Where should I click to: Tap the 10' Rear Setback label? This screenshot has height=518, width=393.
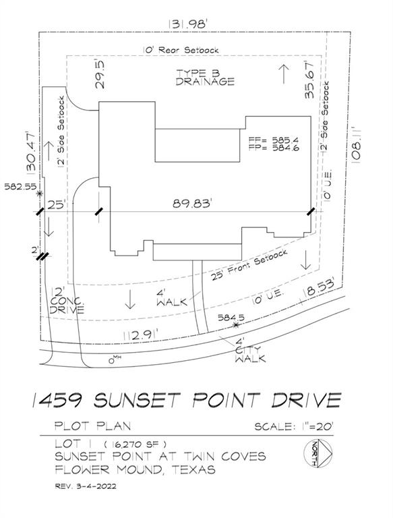tap(181, 49)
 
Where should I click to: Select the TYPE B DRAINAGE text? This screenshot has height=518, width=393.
tap(206, 77)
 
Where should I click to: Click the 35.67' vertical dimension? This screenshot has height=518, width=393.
tap(310, 80)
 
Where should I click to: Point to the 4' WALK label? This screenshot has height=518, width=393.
tap(168, 299)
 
